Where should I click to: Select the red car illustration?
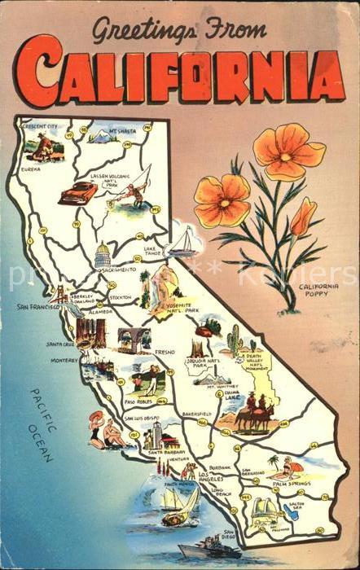click(x=77, y=193)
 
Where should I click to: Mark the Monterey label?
click(x=64, y=359)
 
